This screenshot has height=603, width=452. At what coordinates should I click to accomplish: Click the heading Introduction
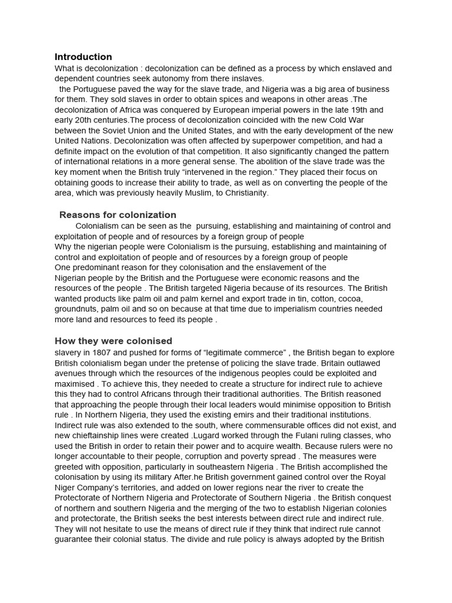pos(83,57)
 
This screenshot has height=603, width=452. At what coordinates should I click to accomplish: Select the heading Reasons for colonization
pos(118,215)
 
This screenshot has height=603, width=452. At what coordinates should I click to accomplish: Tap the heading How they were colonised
pos(113,341)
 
